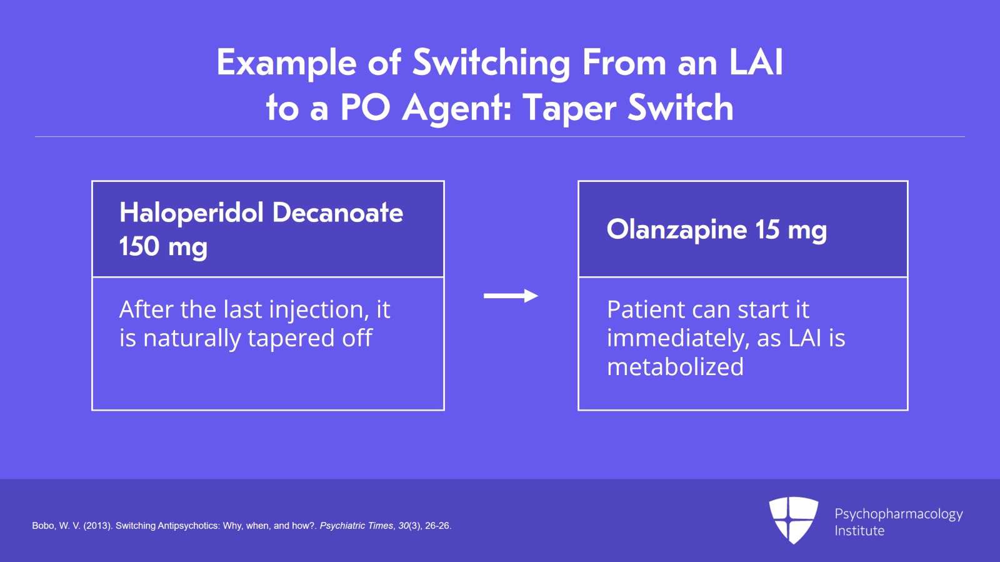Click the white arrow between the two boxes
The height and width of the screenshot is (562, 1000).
click(x=511, y=296)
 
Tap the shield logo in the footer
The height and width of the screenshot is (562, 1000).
click(x=793, y=519)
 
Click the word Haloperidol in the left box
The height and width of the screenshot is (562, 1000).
click(x=191, y=213)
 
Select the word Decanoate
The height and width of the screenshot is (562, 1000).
click(x=338, y=213)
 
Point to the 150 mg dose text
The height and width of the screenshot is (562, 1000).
click(x=163, y=246)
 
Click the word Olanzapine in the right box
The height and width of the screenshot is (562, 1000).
click(x=677, y=229)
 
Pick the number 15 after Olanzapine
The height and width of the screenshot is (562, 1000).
click(x=767, y=229)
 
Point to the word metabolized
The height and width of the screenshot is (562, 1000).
click(x=675, y=367)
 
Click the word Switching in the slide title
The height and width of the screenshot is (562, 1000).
click(x=491, y=63)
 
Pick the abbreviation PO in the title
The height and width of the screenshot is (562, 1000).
click(x=366, y=108)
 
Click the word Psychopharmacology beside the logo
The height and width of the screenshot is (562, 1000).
click(x=899, y=514)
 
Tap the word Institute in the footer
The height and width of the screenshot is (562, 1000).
click(x=859, y=531)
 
